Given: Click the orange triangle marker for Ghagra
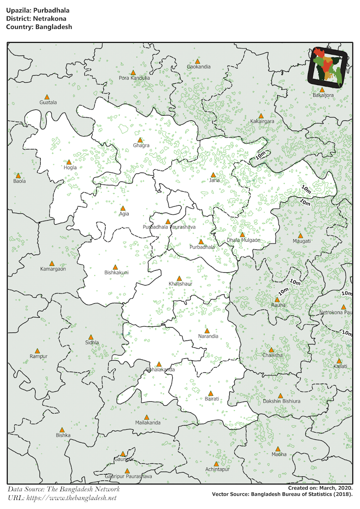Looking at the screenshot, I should point(140,140).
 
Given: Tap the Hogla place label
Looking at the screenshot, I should point(70,168).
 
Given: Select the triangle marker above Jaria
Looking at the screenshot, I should point(214,175).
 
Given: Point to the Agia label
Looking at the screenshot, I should point(124,214).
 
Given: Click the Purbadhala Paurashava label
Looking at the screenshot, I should point(169,227).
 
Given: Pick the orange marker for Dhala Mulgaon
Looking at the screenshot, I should point(242,235).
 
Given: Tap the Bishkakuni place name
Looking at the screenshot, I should point(116,273).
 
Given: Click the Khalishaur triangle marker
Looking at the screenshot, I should point(179,278).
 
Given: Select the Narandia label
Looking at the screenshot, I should point(208,336).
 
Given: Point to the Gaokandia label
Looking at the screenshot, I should point(199,67).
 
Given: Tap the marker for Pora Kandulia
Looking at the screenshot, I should point(133,73).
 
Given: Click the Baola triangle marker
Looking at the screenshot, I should point(18,175).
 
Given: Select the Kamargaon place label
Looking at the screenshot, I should point(53,269).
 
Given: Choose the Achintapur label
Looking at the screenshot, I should point(217,469).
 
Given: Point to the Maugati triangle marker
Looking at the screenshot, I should point(301,235).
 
